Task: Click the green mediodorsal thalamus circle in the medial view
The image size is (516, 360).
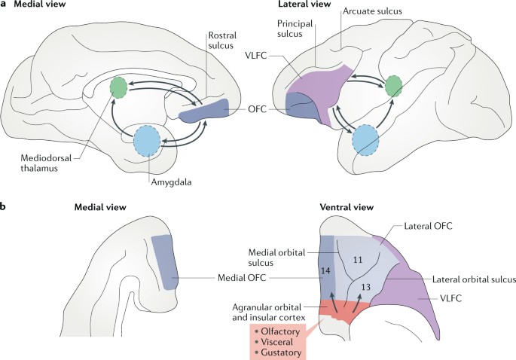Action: (x=118, y=87)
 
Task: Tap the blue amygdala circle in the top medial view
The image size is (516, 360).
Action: (x=148, y=141)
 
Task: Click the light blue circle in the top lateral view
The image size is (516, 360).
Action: (x=364, y=141)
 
